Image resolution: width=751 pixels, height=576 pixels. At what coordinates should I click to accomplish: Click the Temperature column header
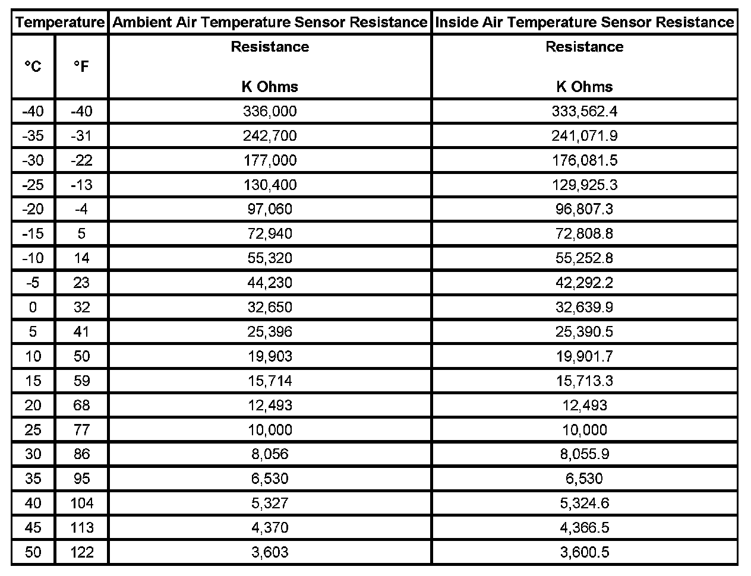(59, 23)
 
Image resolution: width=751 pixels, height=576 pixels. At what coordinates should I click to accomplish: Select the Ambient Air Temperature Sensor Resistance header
(270, 23)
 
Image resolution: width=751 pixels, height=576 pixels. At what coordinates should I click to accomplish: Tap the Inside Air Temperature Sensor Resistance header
(585, 23)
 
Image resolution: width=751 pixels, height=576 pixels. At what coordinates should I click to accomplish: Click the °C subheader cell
(33, 67)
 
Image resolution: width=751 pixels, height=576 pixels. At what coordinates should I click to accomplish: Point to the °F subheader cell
(81, 67)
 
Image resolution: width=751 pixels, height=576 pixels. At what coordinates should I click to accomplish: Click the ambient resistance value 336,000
(270, 111)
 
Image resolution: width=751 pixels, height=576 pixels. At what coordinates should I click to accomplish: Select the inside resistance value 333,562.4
(585, 111)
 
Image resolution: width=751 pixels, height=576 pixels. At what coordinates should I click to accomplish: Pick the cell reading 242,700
(270, 135)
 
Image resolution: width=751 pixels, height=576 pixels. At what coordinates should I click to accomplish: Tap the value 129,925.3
(585, 185)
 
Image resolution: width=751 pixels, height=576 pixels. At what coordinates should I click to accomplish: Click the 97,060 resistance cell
(270, 209)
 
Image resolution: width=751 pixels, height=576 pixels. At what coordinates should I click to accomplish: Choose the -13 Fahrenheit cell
(81, 185)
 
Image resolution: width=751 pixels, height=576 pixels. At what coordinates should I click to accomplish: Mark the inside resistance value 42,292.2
(585, 283)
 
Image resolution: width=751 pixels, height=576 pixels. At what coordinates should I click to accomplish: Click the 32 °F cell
(81, 307)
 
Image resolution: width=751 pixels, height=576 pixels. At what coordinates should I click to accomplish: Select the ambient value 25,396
(270, 331)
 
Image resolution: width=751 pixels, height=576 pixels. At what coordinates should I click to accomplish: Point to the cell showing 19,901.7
(585, 356)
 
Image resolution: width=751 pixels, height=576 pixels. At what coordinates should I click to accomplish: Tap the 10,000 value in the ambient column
(270, 429)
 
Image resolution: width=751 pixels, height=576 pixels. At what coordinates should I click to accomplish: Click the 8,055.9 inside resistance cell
(585, 454)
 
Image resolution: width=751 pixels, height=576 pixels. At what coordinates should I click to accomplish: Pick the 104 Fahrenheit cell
(81, 503)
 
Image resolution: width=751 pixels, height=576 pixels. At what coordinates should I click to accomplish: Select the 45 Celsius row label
(33, 527)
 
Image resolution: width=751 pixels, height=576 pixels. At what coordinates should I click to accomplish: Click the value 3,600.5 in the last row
(585, 552)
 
